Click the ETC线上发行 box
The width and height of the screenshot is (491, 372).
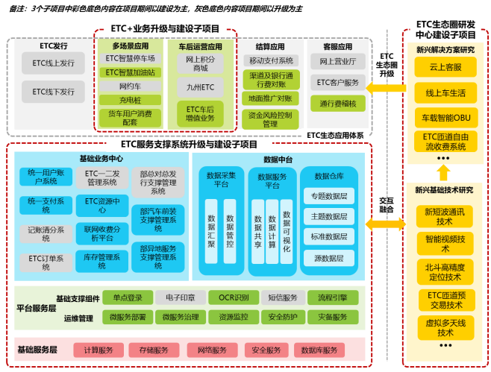(54, 65)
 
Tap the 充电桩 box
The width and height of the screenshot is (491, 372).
(130, 100)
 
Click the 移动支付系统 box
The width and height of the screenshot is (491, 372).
(271, 60)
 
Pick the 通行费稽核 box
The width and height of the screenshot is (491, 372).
(337, 103)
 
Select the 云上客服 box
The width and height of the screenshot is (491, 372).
(445, 67)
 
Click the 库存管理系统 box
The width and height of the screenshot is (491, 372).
(102, 257)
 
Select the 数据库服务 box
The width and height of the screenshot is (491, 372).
(319, 350)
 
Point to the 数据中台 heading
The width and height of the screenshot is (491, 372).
(277, 160)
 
